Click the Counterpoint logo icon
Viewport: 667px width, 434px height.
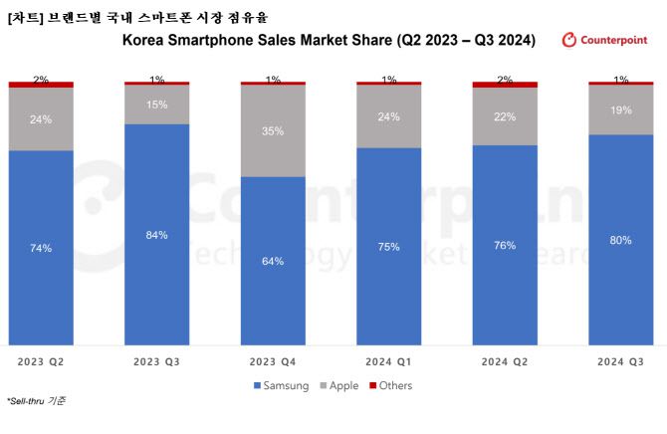(x=569, y=40)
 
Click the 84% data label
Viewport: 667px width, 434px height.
(x=156, y=235)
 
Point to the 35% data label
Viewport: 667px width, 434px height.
(x=273, y=130)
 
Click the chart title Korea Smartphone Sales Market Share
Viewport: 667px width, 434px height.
(x=329, y=41)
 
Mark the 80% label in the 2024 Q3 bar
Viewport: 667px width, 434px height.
(x=620, y=240)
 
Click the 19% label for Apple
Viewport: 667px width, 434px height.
(x=620, y=110)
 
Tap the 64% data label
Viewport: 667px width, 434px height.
(x=273, y=261)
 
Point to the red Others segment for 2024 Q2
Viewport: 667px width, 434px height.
(x=505, y=85)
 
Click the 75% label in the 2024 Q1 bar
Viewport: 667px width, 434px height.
(x=388, y=247)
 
